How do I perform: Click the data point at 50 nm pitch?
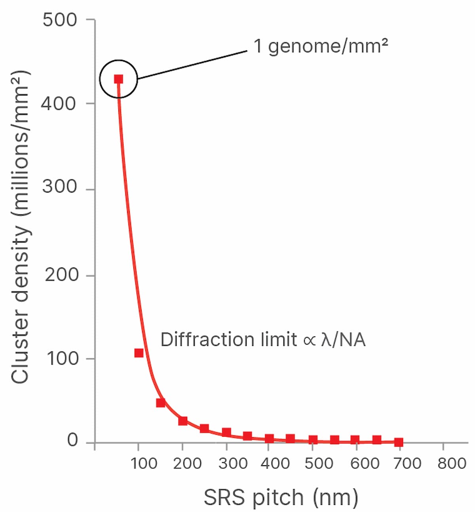tap(118, 79)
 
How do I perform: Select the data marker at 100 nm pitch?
tap(139, 353)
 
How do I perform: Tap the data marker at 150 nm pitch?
tap(160, 403)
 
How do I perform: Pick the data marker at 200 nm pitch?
tap(182, 421)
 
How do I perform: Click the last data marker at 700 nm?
tap(399, 442)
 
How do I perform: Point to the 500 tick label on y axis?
tap(60, 20)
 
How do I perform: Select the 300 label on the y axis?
tap(60, 187)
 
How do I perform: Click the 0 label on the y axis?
tap(72, 440)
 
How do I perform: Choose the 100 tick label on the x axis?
tap(144, 463)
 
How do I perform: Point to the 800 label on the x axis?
tap(452, 463)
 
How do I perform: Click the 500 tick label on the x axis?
tap(319, 463)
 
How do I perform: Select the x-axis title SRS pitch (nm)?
tap(281, 497)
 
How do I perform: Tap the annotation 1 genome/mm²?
tap(320, 47)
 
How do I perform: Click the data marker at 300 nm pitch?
tap(226, 432)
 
